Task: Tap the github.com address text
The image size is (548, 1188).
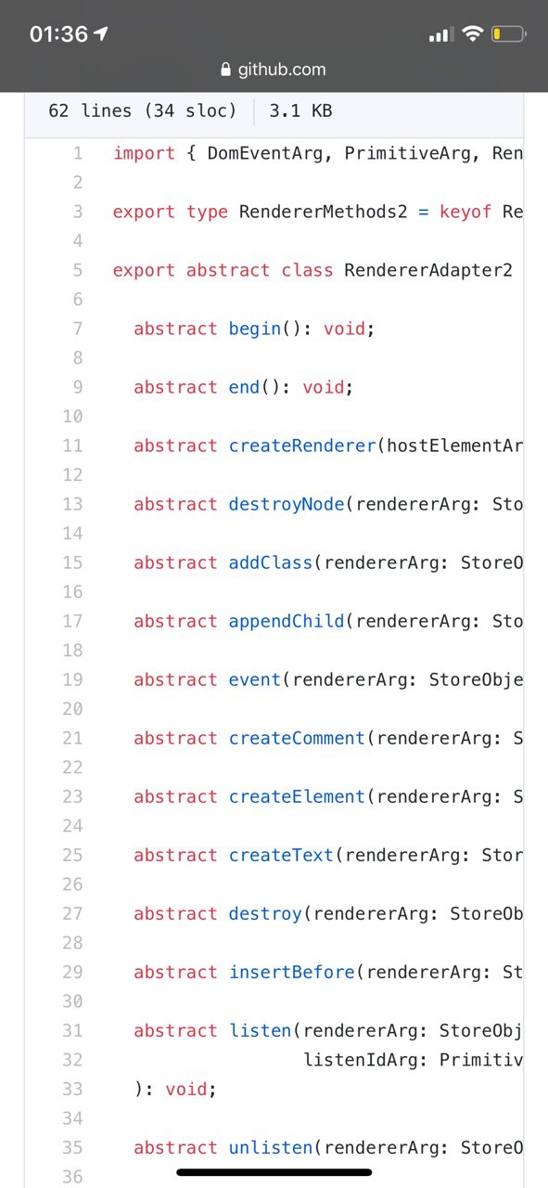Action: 282,70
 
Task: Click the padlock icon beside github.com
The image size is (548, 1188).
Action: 225,70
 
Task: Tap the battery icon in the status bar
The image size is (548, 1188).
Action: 509,34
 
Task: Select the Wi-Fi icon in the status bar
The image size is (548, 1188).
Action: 472,33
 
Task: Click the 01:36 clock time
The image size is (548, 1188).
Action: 58,34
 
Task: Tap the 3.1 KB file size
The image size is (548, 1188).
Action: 301,110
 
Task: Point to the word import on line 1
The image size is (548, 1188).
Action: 144,153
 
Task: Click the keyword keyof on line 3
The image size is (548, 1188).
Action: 465,212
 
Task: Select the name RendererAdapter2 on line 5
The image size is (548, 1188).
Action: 428,270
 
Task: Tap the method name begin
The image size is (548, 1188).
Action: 254,329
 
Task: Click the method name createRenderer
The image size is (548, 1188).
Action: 302,445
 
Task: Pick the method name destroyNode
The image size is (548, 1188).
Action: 287,504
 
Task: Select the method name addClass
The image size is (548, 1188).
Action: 270,562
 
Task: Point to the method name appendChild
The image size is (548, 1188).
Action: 287,621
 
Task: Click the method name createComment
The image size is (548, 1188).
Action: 297,738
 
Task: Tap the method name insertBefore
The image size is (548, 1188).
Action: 291,972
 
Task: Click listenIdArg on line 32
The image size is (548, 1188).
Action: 361,1060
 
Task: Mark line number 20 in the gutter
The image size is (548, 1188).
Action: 72,708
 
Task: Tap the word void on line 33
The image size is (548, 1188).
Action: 185,1089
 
